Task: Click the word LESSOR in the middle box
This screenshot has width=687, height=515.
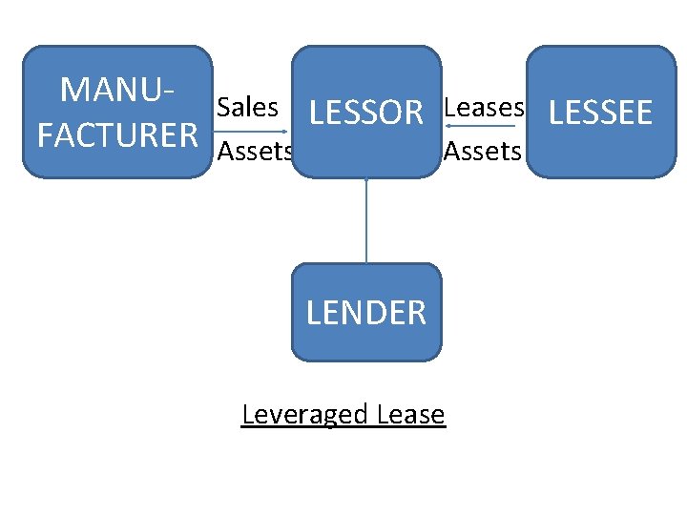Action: click(x=366, y=113)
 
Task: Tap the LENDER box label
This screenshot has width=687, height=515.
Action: click(x=366, y=312)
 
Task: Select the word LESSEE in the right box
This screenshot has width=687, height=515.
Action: click(x=601, y=113)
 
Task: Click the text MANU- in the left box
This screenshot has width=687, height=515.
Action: click(x=117, y=90)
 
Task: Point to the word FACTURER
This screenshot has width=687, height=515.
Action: click(x=116, y=135)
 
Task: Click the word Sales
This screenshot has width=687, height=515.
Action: click(x=247, y=108)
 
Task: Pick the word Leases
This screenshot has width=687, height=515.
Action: click(x=484, y=108)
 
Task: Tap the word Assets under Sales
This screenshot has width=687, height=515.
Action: click(x=254, y=151)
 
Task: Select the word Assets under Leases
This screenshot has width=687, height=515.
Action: click(x=483, y=151)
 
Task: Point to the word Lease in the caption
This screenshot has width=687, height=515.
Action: click(x=411, y=415)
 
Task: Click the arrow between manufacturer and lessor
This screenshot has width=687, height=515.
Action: click(x=252, y=131)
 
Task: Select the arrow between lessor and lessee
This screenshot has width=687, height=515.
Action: click(x=485, y=127)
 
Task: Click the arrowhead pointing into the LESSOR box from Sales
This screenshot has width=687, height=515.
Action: click(x=287, y=131)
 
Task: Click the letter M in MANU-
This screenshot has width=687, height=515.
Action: click(x=73, y=90)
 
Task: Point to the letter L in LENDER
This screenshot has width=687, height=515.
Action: click(x=314, y=312)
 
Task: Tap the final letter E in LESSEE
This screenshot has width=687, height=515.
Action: click(x=643, y=113)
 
